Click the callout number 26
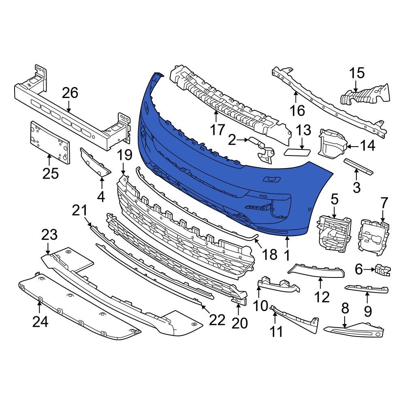[69, 93]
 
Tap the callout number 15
[357, 73]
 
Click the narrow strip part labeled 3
[359, 166]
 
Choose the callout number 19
[125, 155]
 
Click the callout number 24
[40, 322]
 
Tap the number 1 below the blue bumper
[287, 256]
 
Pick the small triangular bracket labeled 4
[95, 164]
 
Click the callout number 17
[217, 130]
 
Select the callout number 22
[217, 320]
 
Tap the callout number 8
[345, 309]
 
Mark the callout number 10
[261, 305]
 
